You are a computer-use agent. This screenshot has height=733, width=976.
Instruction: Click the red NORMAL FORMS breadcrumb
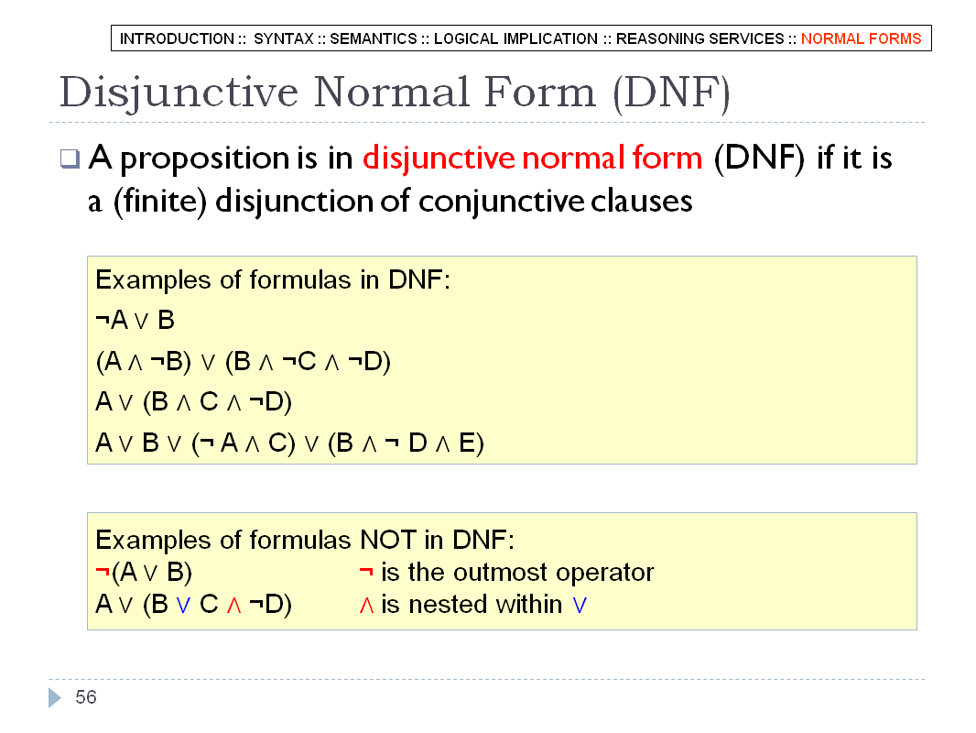pyautogui.click(x=861, y=38)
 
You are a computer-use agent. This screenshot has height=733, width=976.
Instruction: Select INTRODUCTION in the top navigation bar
pyautogui.click(x=177, y=38)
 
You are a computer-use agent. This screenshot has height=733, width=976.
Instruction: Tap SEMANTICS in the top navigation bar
pyautogui.click(x=374, y=38)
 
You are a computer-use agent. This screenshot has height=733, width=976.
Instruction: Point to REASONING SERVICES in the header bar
pyautogui.click(x=700, y=38)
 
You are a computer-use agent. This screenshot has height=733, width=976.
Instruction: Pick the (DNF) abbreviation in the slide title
pyautogui.click(x=671, y=93)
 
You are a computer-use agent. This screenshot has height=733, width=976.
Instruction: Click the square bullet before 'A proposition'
pyautogui.click(x=70, y=159)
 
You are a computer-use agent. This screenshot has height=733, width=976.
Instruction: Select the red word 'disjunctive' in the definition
pyautogui.click(x=438, y=159)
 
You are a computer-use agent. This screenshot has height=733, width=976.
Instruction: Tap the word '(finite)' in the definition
pyautogui.click(x=159, y=202)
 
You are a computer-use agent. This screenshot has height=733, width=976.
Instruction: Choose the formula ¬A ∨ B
pyautogui.click(x=136, y=320)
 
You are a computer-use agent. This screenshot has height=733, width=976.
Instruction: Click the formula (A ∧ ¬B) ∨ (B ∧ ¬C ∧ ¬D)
pyautogui.click(x=243, y=361)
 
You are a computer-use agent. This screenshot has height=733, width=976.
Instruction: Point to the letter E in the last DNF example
pyautogui.click(x=468, y=443)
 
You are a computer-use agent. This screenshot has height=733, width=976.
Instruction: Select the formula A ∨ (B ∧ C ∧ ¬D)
pyautogui.click(x=193, y=401)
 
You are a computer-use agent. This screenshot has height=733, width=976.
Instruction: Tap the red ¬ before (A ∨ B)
pyautogui.click(x=103, y=571)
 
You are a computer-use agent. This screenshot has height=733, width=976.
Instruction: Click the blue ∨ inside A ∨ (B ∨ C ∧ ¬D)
pyautogui.click(x=183, y=605)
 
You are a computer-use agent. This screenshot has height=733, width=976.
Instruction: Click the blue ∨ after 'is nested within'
pyautogui.click(x=580, y=605)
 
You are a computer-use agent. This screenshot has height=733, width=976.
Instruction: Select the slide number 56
pyautogui.click(x=86, y=697)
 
